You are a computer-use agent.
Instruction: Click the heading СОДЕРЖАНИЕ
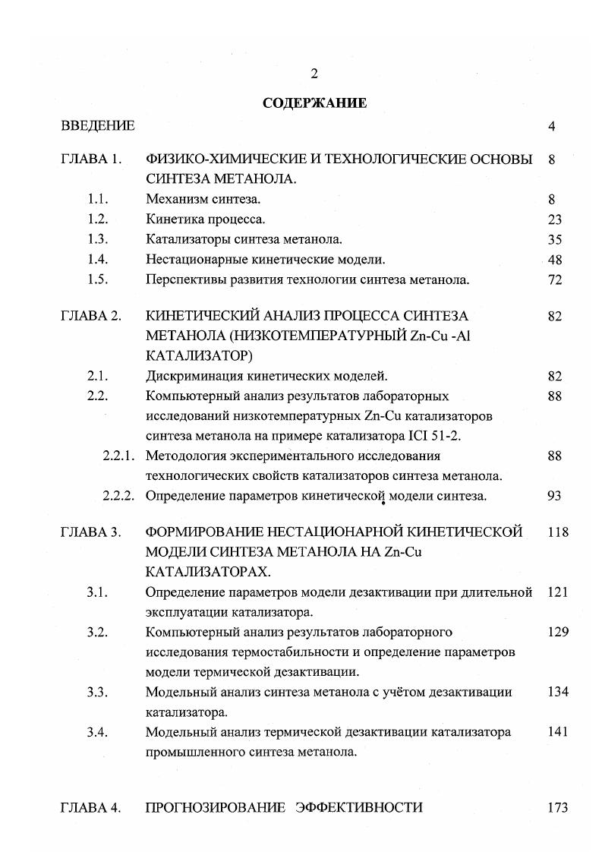point(314,103)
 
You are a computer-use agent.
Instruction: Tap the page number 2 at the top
point(314,74)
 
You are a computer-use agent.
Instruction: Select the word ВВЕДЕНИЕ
point(98,126)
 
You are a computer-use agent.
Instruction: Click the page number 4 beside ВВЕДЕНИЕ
point(551,126)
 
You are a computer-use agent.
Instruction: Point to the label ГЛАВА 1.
point(91,160)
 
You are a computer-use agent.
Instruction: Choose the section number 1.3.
point(98,239)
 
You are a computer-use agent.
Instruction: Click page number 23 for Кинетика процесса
point(554,219)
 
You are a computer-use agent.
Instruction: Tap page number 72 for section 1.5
point(554,279)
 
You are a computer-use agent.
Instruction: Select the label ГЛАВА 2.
point(91,316)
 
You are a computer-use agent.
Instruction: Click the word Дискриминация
point(190,376)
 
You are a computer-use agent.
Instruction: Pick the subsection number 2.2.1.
point(118,456)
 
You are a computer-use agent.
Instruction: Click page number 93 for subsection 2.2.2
point(554,496)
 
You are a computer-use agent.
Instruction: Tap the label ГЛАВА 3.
point(91,532)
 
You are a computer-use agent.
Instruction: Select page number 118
point(557,532)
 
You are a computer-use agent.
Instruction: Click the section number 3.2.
point(98,632)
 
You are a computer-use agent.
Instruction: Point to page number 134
point(557,692)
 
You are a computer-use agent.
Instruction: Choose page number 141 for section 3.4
point(557,732)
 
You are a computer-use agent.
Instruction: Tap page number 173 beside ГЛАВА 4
point(557,808)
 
